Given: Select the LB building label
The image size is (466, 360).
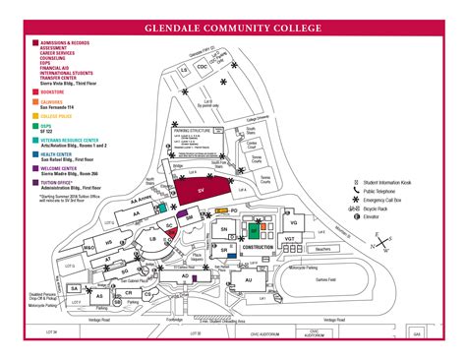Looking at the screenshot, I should (x=153, y=239).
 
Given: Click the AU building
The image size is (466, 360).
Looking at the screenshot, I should (x=249, y=280).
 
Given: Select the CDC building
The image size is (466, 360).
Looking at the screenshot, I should (x=202, y=67).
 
